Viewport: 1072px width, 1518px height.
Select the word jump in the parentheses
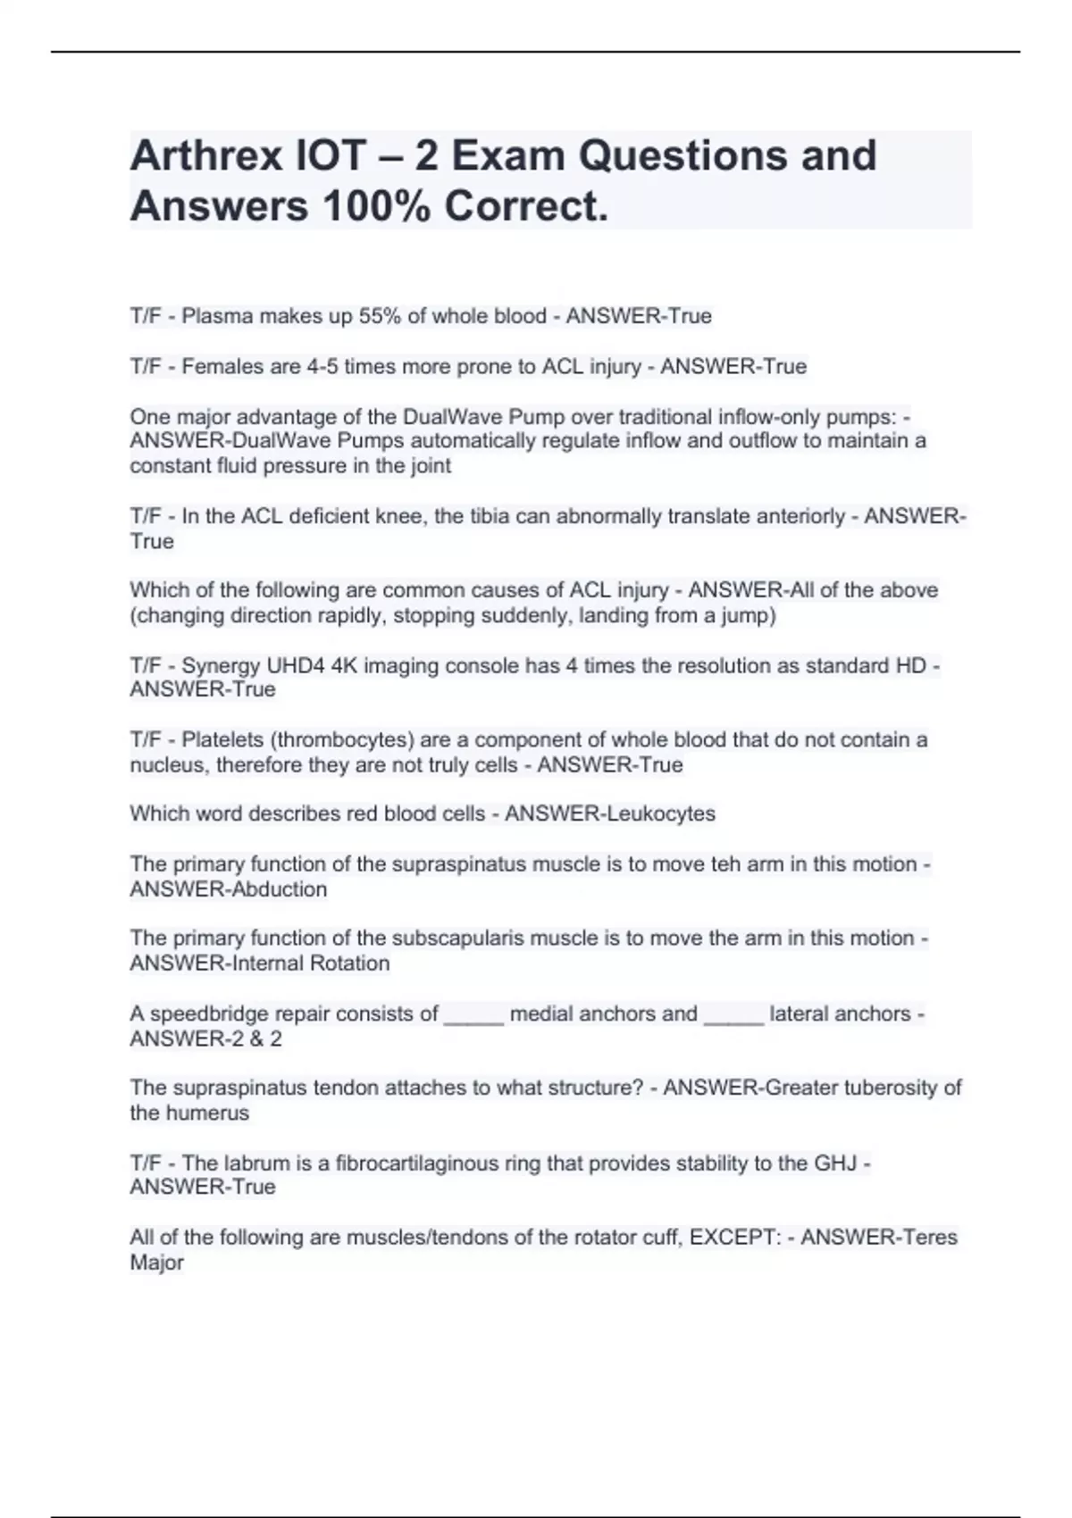tap(746, 615)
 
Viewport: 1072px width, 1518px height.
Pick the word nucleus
tap(167, 765)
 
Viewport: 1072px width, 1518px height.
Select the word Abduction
tap(279, 889)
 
